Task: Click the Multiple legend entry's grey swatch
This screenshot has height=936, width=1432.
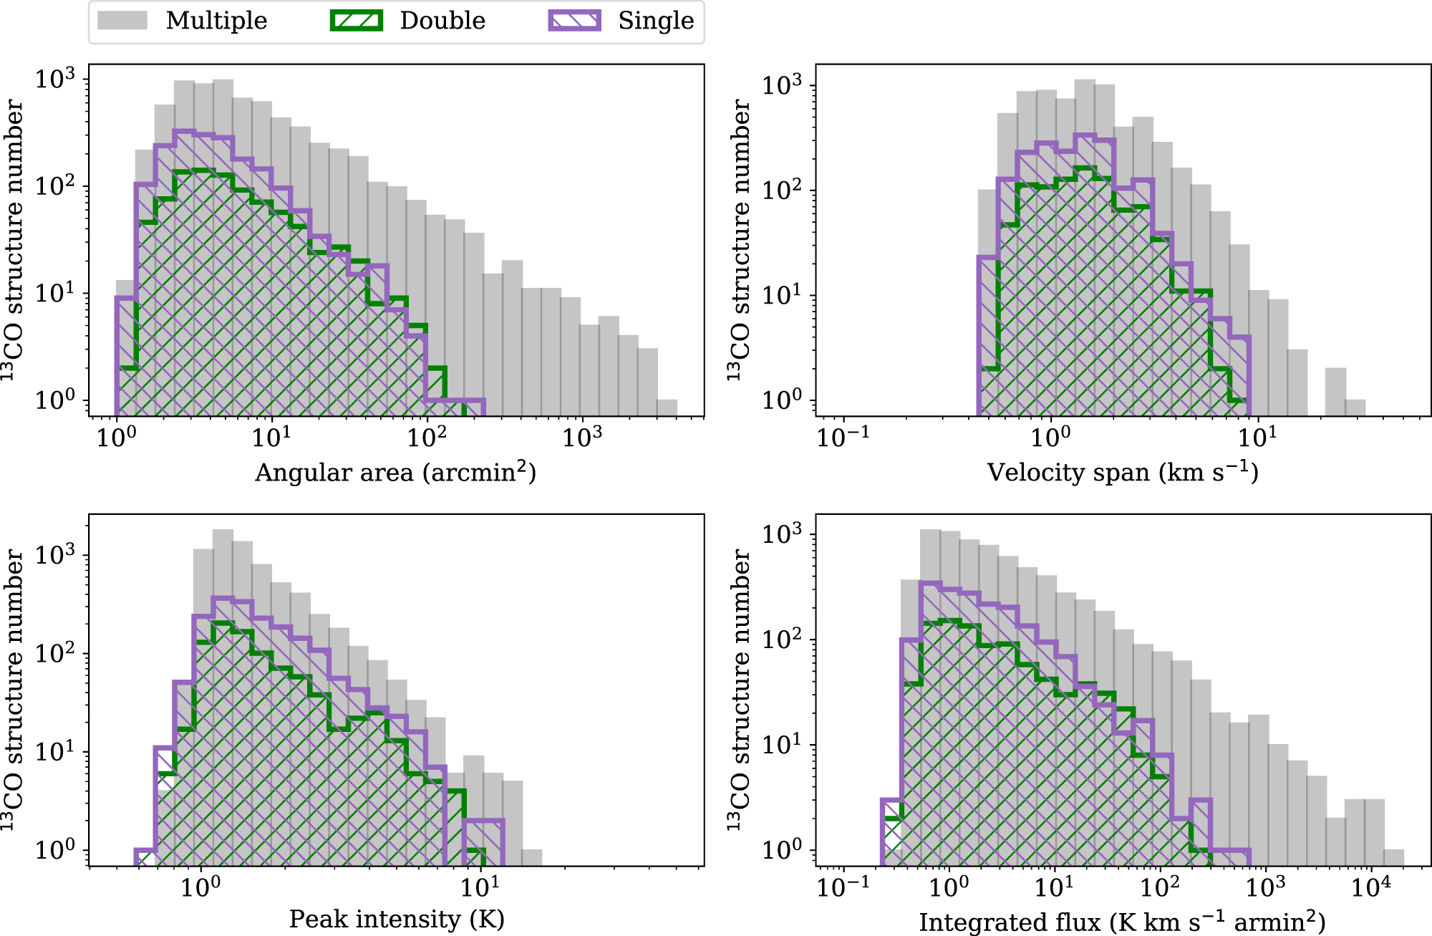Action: (122, 20)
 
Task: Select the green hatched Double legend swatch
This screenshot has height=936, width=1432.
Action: (356, 20)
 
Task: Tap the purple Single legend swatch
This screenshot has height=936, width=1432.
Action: (574, 20)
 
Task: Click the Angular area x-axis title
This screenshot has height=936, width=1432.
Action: (395, 472)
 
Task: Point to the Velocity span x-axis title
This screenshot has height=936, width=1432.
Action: (1122, 472)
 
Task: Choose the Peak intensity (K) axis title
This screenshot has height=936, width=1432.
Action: (397, 919)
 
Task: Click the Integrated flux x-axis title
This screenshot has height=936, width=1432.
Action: (1122, 922)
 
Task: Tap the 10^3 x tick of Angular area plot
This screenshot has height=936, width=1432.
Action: (581, 437)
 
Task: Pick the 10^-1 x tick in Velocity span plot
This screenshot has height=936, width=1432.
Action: (843, 437)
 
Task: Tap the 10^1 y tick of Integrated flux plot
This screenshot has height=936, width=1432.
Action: (781, 745)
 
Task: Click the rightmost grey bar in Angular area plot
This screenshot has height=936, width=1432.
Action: (667, 408)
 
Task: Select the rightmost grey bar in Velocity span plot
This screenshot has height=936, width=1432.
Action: (1355, 408)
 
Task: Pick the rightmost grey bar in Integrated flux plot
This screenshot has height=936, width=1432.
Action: (1393, 857)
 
